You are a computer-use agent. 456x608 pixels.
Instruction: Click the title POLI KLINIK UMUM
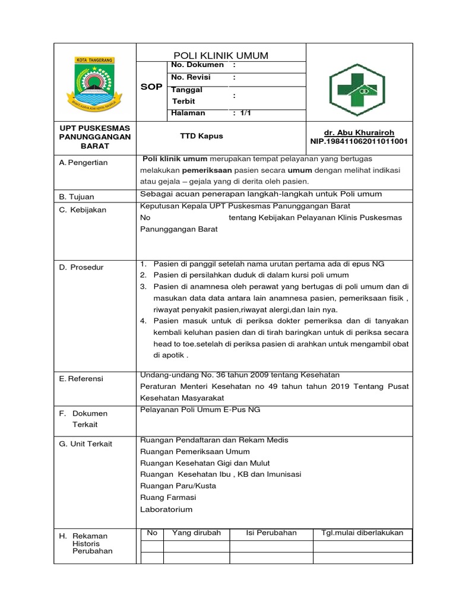pyautogui.click(x=221, y=55)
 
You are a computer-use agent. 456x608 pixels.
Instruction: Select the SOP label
pyautogui.click(x=151, y=87)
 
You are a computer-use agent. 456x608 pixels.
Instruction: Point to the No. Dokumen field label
pyautogui.click(x=197, y=65)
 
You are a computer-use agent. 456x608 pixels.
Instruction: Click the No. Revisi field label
pyautogui.click(x=191, y=77)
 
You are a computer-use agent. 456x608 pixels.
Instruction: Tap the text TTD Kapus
pyautogui.click(x=201, y=136)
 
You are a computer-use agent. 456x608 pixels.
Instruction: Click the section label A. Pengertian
pyautogui.click(x=83, y=163)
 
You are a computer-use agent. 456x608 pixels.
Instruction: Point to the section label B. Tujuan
pyautogui.click(x=77, y=197)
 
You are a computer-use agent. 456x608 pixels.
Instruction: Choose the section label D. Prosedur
pyautogui.click(x=81, y=267)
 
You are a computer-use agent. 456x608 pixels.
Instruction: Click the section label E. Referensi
pyautogui.click(x=81, y=379)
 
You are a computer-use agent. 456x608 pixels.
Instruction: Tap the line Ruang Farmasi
pyautogui.click(x=168, y=497)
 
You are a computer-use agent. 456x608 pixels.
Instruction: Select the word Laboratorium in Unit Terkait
pyautogui.click(x=166, y=509)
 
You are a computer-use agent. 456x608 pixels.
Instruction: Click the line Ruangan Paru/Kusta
pyautogui.click(x=178, y=486)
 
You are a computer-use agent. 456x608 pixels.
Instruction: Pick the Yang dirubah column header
pyautogui.click(x=196, y=533)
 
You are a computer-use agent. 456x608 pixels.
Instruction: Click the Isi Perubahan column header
pyautogui.click(x=271, y=533)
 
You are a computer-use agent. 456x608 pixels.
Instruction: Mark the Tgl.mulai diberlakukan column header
pyautogui.click(x=362, y=533)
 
